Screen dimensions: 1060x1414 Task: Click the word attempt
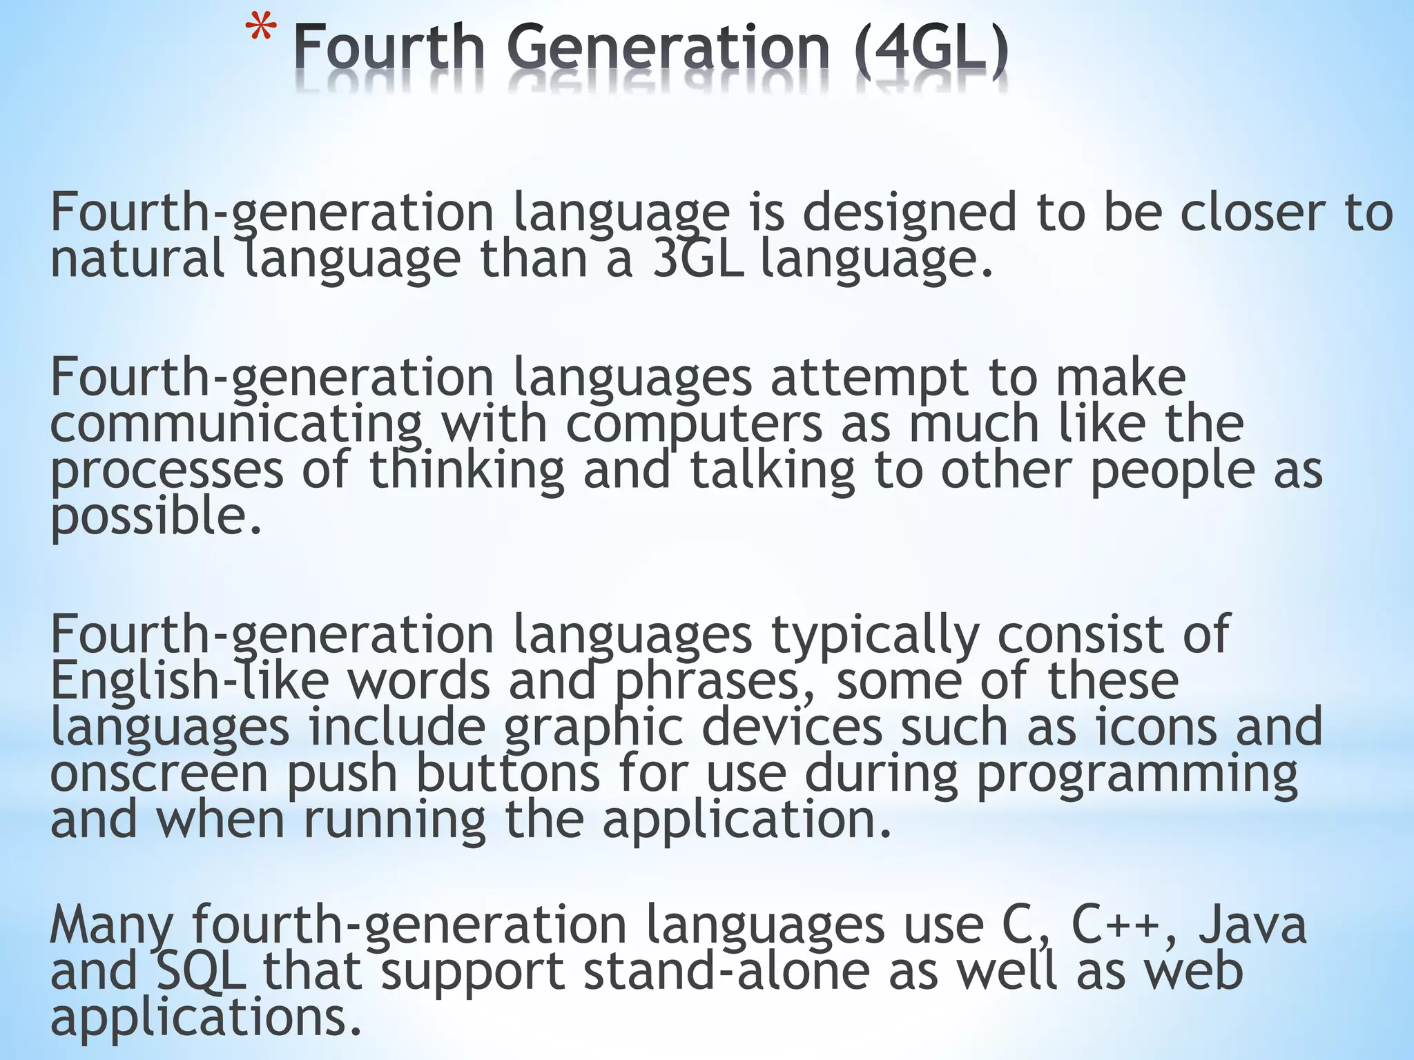(x=870, y=378)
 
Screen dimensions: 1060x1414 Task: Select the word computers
(x=695, y=424)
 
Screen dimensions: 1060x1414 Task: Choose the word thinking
(x=467, y=471)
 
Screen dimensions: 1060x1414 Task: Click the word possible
(x=156, y=518)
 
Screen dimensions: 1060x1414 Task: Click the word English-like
(x=190, y=681)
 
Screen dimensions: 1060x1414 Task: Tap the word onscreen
(x=159, y=774)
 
